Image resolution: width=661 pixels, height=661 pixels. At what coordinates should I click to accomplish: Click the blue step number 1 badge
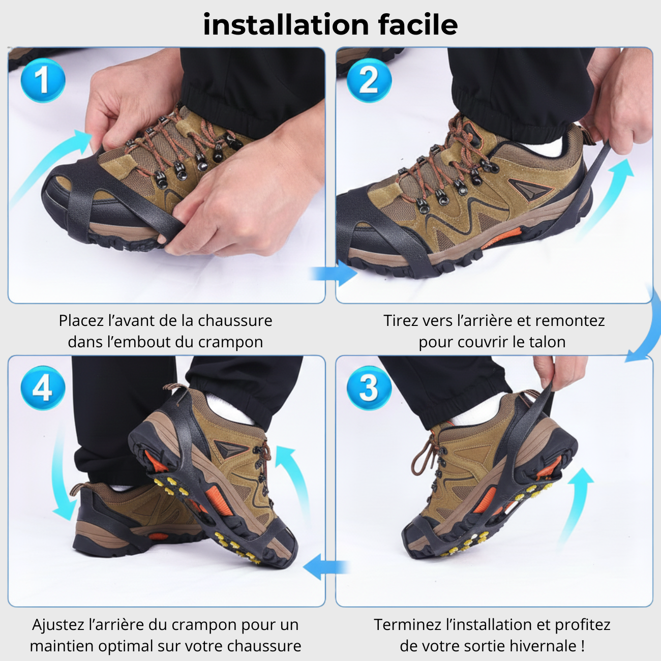pos(43,80)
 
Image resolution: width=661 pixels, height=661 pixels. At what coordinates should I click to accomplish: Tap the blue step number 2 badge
pos(369,80)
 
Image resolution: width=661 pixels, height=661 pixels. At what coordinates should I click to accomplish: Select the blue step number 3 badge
pos(369,388)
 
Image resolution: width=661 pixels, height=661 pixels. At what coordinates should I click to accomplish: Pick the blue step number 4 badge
pos(43,388)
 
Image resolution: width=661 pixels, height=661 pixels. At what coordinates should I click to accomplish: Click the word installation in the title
pos(286,24)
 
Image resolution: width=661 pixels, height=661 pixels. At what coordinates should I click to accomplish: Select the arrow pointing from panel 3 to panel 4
pos(325,566)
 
